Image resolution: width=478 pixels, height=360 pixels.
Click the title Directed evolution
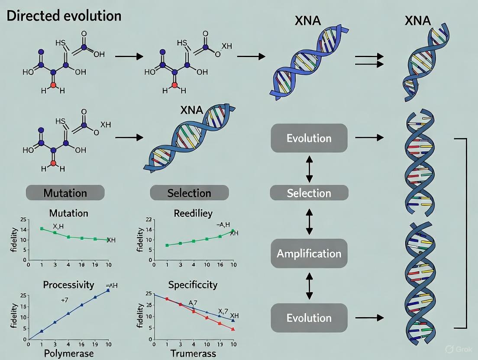tap(65, 16)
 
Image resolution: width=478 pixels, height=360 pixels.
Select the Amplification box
tap(309, 254)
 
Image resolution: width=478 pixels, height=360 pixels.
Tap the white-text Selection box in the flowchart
tap(309, 193)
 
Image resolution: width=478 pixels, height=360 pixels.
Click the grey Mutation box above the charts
tap(65, 193)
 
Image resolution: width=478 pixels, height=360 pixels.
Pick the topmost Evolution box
tap(309, 138)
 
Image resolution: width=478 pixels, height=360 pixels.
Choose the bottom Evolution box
tap(309, 318)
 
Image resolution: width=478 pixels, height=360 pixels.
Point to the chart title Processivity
tap(68, 285)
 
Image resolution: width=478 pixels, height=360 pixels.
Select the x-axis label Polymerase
tap(69, 354)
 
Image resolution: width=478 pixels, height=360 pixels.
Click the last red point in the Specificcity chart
tap(233, 329)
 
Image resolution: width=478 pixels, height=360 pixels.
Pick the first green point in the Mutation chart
tap(42, 228)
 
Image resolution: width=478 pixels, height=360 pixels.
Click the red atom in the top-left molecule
tap(53, 85)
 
